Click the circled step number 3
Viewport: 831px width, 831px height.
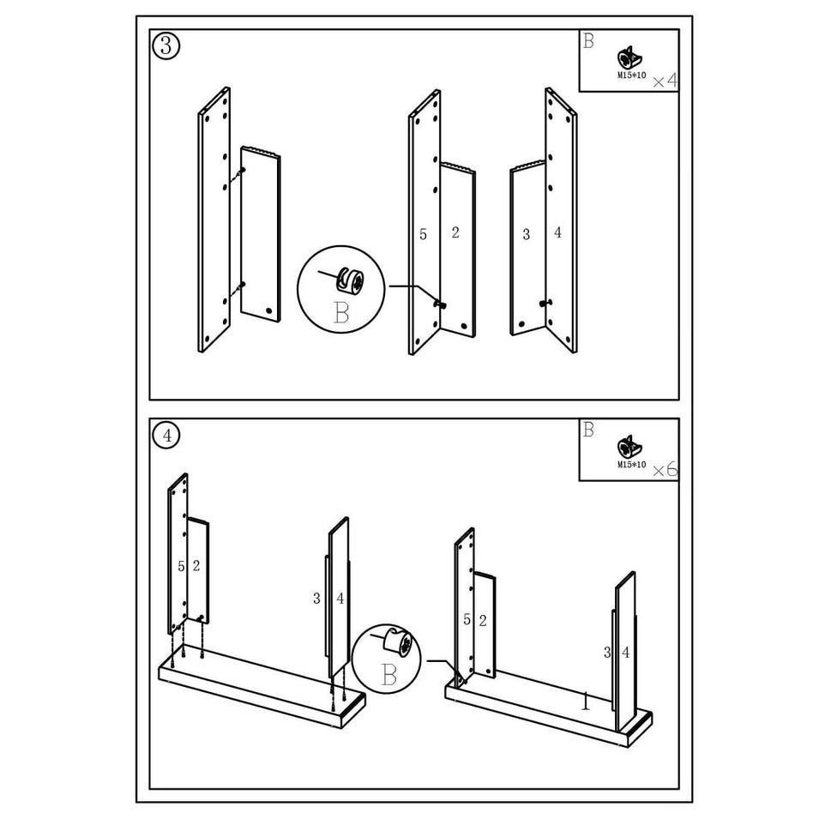pos(166,46)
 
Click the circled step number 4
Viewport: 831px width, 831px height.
pos(166,435)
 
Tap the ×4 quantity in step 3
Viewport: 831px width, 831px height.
pos(665,81)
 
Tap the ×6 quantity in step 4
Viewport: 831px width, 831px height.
pos(665,470)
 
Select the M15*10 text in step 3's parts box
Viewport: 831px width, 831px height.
pos(632,75)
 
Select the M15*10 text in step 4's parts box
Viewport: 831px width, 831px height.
pos(632,464)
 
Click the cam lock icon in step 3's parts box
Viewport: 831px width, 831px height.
pos(629,58)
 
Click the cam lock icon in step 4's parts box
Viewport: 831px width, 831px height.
pos(629,448)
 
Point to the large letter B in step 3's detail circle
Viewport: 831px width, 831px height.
pos(341,312)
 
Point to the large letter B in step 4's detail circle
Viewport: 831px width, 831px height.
pos(388,675)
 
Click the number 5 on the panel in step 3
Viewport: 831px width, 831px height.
pos(423,234)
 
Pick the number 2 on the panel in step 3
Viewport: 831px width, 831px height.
pos(455,232)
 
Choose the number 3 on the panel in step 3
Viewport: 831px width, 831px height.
pos(526,234)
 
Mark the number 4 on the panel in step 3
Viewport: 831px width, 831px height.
pos(557,232)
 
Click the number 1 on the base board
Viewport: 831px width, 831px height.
pos(585,701)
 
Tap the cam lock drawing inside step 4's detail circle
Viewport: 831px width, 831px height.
pos(398,642)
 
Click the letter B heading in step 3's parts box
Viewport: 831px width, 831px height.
pos(588,41)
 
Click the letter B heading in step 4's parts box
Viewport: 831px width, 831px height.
pos(588,430)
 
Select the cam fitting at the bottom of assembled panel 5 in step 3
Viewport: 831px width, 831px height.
pos(440,304)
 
